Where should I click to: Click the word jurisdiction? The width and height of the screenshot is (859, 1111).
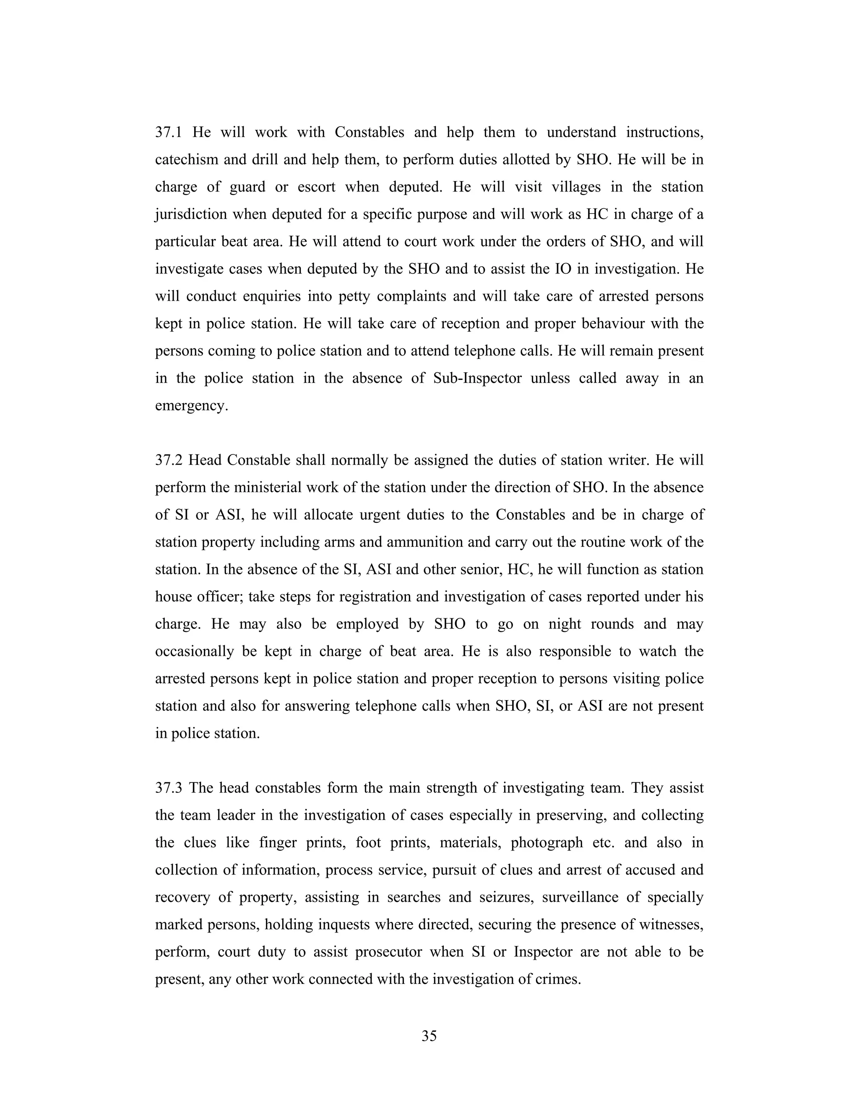pos(191,215)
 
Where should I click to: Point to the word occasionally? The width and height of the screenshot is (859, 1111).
pos(194,652)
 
